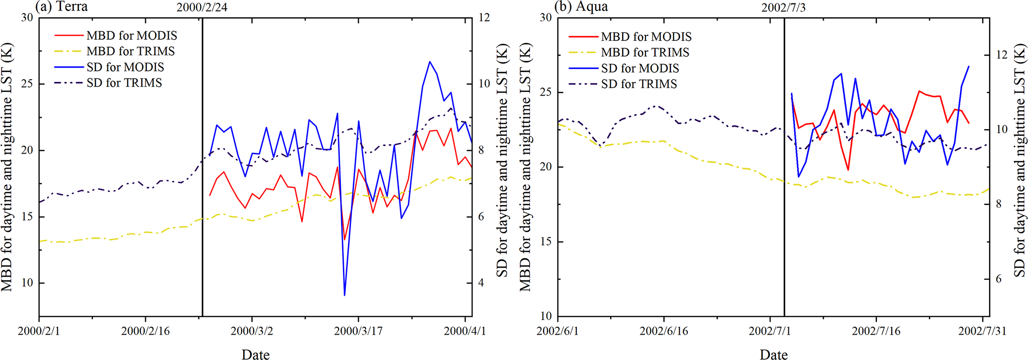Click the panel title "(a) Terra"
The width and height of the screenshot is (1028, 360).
[x=61, y=6]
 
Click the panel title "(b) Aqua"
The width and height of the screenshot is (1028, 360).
[x=581, y=6]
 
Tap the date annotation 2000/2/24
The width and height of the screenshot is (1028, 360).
[x=202, y=8]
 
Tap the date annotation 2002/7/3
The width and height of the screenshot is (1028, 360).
[x=784, y=8]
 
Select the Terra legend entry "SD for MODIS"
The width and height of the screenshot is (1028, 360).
[x=125, y=67]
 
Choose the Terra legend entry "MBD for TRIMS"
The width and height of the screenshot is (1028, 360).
[x=130, y=51]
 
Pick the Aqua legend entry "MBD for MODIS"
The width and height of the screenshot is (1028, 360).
[x=646, y=37]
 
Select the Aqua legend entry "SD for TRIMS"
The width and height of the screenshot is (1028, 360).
[x=639, y=84]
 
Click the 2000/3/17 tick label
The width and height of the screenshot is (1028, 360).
[x=358, y=331]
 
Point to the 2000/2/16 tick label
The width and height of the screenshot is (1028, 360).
[x=145, y=331]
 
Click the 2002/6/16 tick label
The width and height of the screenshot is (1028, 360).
[x=664, y=331]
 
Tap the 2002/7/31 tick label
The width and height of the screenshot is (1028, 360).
[x=982, y=331]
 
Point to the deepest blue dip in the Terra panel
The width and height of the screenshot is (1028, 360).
[x=344, y=295]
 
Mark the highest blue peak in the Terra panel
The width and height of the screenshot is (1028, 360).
[x=429, y=62]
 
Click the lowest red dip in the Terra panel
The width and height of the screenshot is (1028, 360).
[x=344, y=240]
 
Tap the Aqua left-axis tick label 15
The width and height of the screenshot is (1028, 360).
[x=546, y=242]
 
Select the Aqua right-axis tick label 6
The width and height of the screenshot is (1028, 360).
[x=998, y=279]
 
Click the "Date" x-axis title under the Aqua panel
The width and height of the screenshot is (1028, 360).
[x=773, y=354]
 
